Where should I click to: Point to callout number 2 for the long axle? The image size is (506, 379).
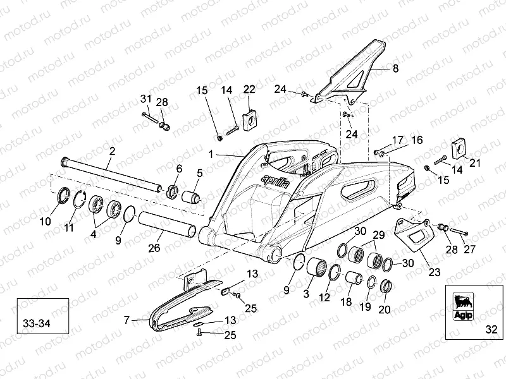[112, 151]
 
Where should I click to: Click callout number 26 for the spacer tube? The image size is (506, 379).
[154, 248]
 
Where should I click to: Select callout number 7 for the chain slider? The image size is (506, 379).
[126, 321]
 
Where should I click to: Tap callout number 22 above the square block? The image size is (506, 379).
[249, 88]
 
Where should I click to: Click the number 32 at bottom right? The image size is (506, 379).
[493, 328]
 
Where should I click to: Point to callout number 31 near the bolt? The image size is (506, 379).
[146, 99]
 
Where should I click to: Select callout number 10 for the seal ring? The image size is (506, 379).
[44, 221]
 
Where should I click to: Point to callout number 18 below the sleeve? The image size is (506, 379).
[345, 303]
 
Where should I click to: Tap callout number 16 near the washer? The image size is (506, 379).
[417, 140]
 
